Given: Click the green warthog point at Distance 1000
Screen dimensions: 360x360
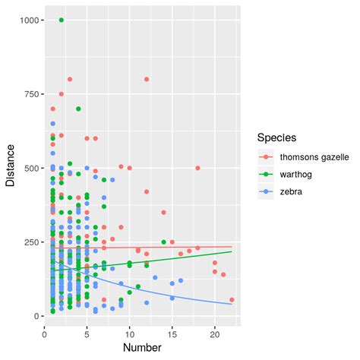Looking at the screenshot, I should click(62, 20).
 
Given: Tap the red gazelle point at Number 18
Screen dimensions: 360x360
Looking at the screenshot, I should click(197, 168).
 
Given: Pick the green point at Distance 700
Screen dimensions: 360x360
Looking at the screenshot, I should click(78, 109).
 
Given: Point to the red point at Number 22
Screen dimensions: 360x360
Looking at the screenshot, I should click(232, 300).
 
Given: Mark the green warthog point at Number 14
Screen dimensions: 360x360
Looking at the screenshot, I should click(163, 242).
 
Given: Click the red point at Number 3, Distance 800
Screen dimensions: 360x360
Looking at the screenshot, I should click(70, 79).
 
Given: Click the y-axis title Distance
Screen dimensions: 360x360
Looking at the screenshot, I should click(11, 168).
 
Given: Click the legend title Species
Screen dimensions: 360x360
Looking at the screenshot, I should click(276, 138).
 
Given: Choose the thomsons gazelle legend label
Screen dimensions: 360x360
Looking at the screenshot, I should click(314, 157).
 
